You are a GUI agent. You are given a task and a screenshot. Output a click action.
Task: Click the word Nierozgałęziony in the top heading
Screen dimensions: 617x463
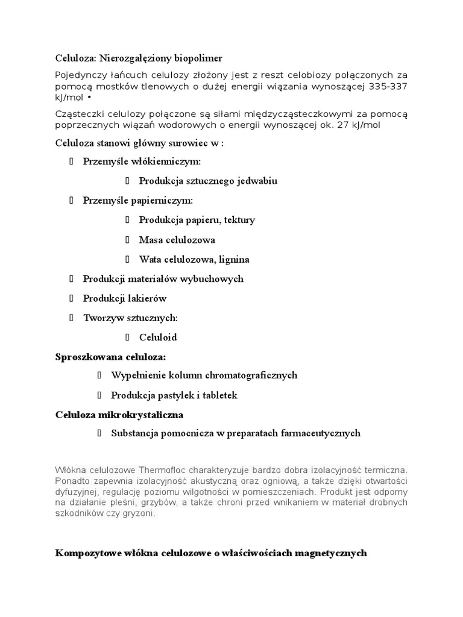click(140, 58)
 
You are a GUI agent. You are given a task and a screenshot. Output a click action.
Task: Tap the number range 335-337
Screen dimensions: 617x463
click(388, 87)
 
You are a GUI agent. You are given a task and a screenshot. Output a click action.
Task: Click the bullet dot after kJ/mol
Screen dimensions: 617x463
click(90, 97)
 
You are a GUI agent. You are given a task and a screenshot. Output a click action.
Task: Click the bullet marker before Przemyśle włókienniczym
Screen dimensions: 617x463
click(71, 161)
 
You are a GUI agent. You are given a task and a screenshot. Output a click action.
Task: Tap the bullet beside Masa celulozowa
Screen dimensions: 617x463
click(128, 240)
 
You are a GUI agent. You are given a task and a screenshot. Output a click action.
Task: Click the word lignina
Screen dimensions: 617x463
click(233, 260)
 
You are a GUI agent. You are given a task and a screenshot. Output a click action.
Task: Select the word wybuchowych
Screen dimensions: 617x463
click(215, 279)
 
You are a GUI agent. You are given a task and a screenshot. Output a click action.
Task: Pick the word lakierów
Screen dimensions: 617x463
click(146, 298)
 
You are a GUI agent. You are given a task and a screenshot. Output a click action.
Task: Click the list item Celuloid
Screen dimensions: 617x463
click(158, 337)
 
